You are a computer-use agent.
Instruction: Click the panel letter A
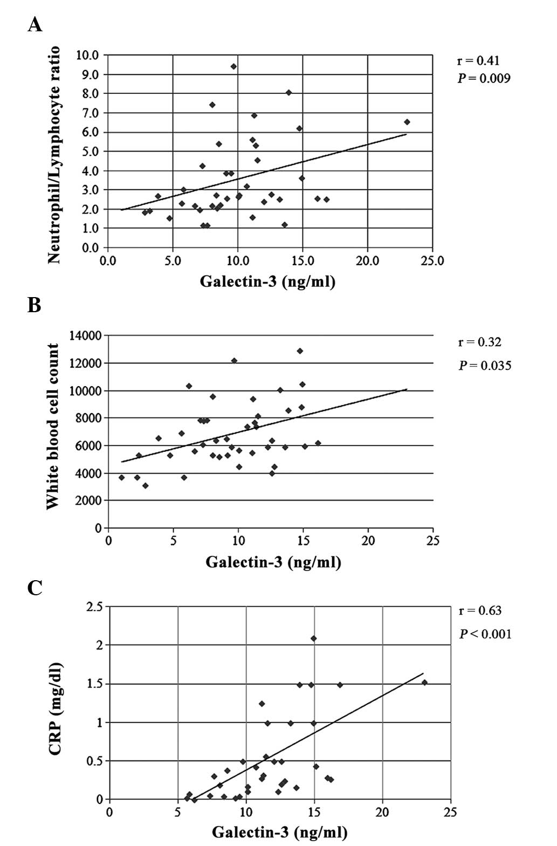tap(35, 25)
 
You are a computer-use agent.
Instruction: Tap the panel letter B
tap(34, 305)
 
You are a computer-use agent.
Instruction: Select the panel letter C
tap(35, 588)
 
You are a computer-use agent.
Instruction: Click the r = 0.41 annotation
tap(475, 60)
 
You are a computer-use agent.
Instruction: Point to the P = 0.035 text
tap(485, 366)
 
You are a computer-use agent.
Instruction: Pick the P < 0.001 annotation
tap(485, 634)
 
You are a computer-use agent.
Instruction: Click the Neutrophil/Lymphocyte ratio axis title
tap(54, 154)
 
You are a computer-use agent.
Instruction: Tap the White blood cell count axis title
tap(52, 427)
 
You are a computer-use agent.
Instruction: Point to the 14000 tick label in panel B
tap(86, 335)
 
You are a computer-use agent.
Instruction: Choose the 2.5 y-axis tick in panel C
tap(94, 608)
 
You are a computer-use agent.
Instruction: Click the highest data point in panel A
tap(233, 66)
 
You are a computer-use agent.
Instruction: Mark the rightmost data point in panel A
tap(407, 122)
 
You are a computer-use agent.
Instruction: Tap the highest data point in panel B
tap(300, 351)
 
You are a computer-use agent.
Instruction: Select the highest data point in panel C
tap(313, 638)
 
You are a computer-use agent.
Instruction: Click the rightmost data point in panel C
tap(424, 682)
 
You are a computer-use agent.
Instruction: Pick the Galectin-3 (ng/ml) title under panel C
tap(279, 833)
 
